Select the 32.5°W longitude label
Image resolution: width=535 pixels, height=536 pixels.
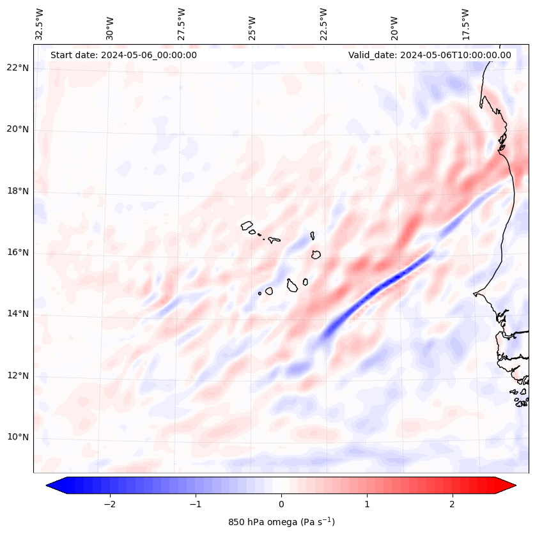point(40,24)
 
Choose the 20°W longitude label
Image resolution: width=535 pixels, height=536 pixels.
point(395,26)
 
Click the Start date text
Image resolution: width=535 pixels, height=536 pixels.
point(123,55)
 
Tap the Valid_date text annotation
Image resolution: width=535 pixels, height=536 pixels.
point(430,55)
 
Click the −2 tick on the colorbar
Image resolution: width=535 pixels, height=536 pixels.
point(109,504)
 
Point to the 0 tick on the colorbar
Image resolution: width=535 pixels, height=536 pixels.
point(281,504)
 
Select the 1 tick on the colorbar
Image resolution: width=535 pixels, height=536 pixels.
point(367,504)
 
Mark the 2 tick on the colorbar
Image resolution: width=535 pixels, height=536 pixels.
point(453,504)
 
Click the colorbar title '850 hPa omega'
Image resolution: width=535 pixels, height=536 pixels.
point(281,522)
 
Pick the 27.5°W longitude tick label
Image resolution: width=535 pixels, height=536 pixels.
point(182,24)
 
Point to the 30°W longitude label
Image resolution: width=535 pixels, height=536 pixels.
point(111,26)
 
